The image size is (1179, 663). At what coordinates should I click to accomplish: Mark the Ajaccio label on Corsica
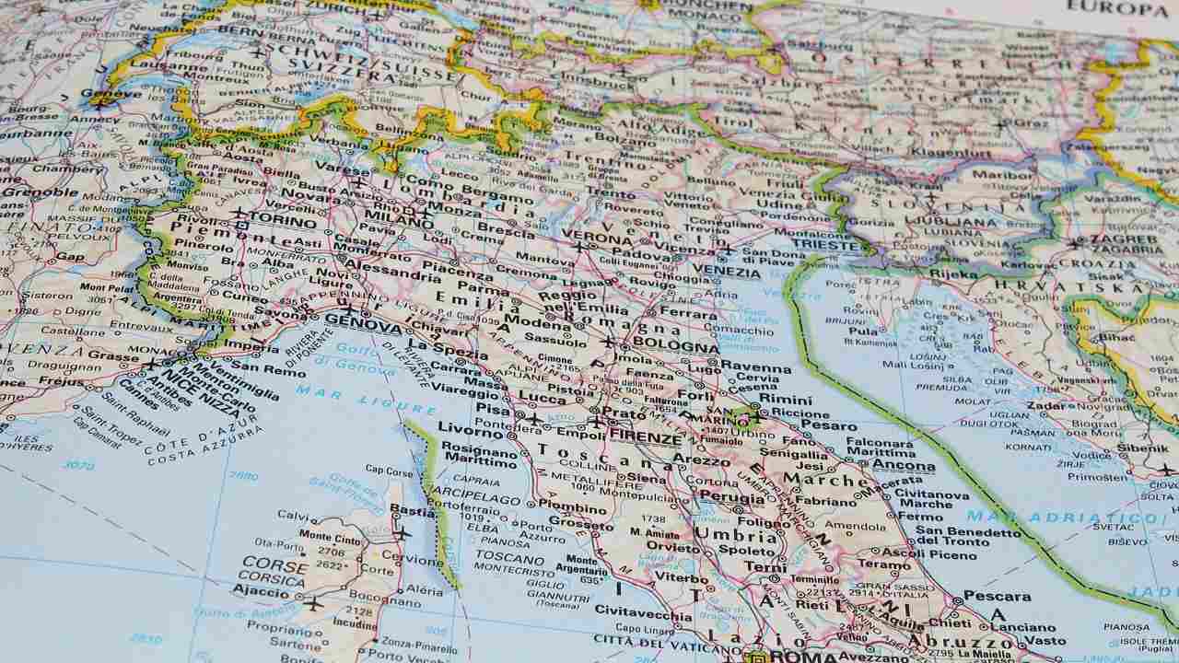click(261, 589)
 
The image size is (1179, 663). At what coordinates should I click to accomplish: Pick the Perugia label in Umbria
click(732, 497)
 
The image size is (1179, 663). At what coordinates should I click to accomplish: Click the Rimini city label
click(785, 400)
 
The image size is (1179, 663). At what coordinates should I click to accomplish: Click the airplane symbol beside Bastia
click(402, 532)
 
